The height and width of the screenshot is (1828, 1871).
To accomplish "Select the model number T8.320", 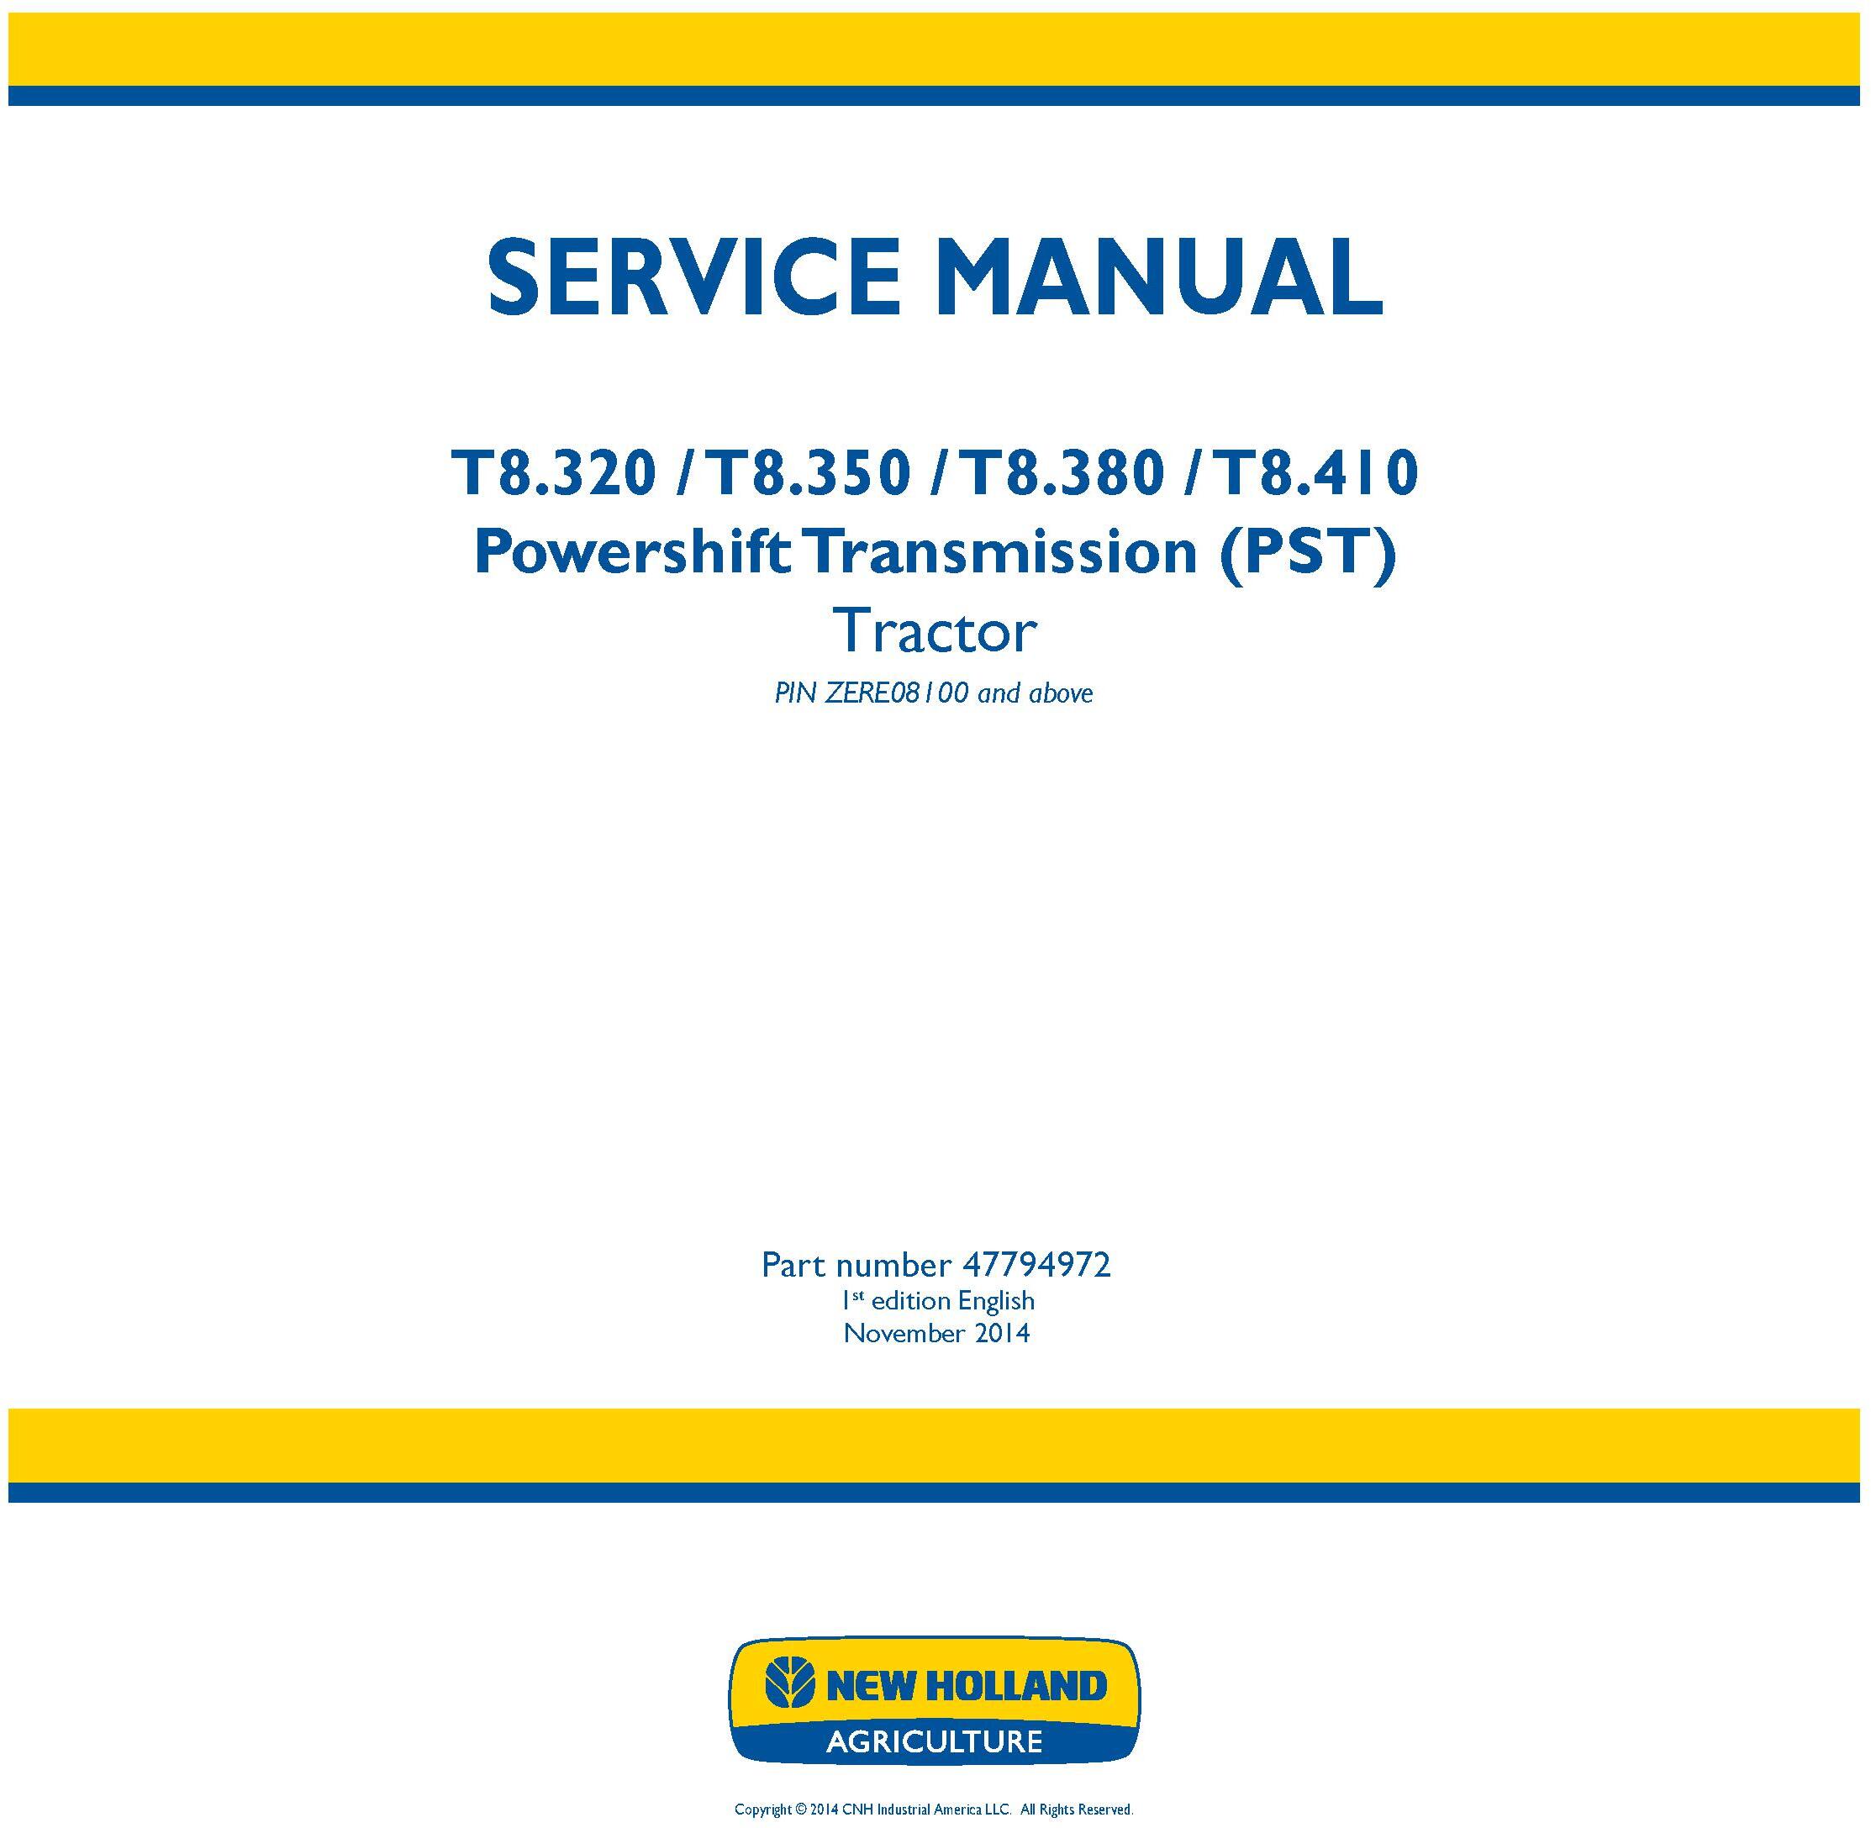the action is (555, 474).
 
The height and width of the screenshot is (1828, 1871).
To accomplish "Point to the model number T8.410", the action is (1316, 474).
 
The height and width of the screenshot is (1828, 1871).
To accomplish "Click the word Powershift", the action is (633, 554).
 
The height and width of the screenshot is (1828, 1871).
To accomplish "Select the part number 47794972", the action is (1036, 1266).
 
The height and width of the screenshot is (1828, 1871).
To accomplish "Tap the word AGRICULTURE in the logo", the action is (935, 1741).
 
